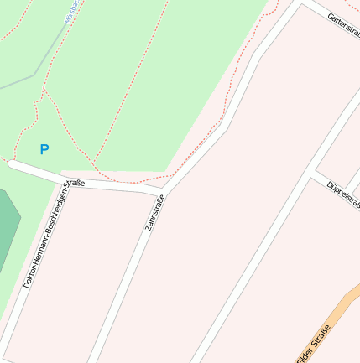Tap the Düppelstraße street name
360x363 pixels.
pyautogui.click(x=343, y=194)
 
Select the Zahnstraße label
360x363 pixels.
pyautogui.click(x=155, y=213)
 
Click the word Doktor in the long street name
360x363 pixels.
pyautogui.click(x=29, y=275)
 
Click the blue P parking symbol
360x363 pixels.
pyautogui.click(x=44, y=150)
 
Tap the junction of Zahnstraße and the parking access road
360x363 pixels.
pyautogui.click(x=161, y=194)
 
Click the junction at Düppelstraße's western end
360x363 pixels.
pyautogui.click(x=316, y=173)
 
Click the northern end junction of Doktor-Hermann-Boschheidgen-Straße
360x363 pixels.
pyautogui.click(x=69, y=181)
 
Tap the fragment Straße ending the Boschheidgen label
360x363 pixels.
pyautogui.click(x=75, y=184)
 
